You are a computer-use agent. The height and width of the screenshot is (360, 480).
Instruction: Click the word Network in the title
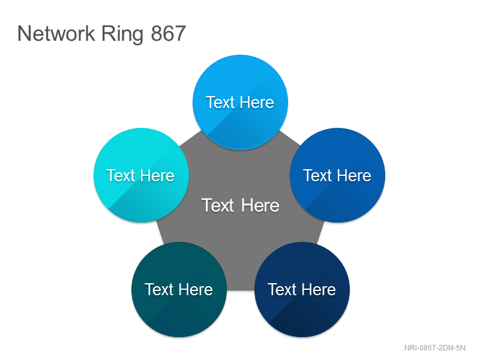click(x=56, y=33)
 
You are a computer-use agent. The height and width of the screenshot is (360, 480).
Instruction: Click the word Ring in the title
click(x=122, y=34)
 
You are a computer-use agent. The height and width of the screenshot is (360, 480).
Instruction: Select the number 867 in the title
click(x=169, y=34)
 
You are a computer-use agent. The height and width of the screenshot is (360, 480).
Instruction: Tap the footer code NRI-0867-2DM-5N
click(x=434, y=348)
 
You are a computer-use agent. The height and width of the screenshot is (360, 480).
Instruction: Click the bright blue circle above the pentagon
click(x=241, y=102)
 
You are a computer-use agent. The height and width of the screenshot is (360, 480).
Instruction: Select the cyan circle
click(x=141, y=175)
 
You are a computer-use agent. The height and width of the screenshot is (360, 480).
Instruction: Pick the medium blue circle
click(x=338, y=175)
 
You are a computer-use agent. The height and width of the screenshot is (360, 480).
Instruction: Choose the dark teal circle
click(x=179, y=290)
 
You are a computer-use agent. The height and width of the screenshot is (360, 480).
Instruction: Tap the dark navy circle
click(x=302, y=290)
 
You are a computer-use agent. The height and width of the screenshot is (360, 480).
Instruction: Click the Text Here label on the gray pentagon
click(x=241, y=205)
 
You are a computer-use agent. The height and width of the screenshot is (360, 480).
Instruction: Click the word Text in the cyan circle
click(x=121, y=175)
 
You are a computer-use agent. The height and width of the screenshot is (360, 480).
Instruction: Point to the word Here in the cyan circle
click(x=158, y=175)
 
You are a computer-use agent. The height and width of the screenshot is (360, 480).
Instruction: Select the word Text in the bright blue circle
click(x=220, y=102)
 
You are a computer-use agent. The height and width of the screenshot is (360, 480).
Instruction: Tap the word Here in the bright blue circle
click(x=257, y=102)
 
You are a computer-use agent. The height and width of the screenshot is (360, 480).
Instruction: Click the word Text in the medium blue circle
click(x=317, y=175)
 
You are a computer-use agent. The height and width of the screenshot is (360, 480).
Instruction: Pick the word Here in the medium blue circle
click(x=355, y=175)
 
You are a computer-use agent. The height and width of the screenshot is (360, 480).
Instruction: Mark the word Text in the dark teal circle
click(x=159, y=290)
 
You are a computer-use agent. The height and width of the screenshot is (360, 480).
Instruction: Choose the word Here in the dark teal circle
click(x=196, y=290)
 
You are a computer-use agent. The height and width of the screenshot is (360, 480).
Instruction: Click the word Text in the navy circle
click(x=282, y=290)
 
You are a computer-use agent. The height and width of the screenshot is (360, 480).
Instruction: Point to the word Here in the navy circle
click(x=319, y=290)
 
